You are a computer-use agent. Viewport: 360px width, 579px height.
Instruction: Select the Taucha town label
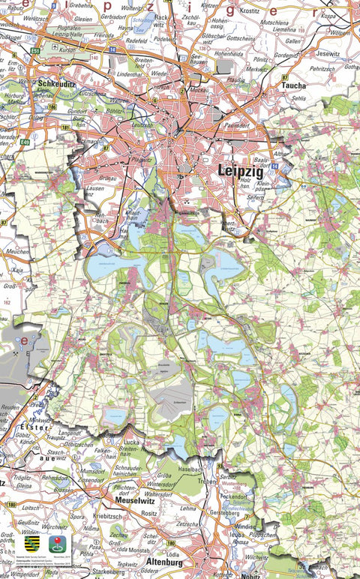292,85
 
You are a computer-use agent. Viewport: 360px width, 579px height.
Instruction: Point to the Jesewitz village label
328,54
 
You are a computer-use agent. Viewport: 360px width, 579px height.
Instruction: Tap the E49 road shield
25,142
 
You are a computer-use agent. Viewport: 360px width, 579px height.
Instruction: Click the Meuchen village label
17,251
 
